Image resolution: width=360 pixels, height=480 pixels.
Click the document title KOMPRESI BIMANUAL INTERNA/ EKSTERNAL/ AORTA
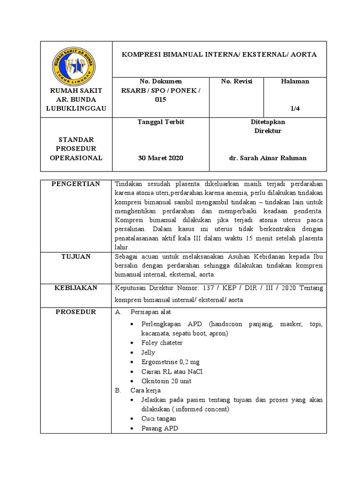[x=219, y=54]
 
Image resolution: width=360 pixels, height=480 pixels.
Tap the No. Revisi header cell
[x=237, y=82]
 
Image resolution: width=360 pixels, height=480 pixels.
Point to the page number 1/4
[x=295, y=108]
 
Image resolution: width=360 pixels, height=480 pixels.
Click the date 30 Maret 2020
[x=160, y=158]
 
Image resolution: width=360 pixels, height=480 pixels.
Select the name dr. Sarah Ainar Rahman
[x=268, y=158]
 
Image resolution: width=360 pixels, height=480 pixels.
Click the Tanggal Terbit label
[x=160, y=122]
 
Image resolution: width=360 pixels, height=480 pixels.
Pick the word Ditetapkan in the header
[x=268, y=122]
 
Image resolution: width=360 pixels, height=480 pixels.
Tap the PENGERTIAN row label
[x=76, y=184]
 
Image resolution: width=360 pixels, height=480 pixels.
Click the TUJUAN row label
[x=76, y=256]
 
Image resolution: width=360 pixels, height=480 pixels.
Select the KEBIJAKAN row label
[x=76, y=288]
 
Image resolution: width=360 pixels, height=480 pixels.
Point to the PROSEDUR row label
[x=76, y=312]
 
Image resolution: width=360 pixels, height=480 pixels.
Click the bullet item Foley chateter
[x=162, y=343]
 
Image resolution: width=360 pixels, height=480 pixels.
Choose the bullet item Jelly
[x=148, y=352]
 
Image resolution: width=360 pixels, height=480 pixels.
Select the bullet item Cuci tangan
[x=159, y=419]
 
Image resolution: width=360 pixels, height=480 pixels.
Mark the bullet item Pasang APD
[x=160, y=428]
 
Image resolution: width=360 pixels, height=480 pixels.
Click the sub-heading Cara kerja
[x=145, y=390]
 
